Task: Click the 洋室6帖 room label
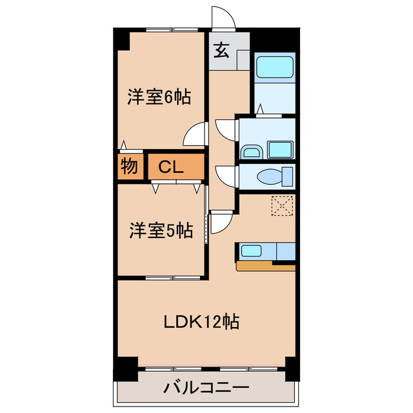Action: click(x=158, y=97)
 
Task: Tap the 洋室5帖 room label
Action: click(x=161, y=230)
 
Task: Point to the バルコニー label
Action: click(x=206, y=389)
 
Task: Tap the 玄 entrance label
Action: click(x=221, y=50)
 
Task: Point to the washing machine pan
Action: click(x=281, y=150)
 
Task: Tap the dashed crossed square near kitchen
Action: click(x=282, y=206)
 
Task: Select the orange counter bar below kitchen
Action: click(x=265, y=265)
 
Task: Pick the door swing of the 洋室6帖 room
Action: click(x=194, y=136)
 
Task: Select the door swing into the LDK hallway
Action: click(x=221, y=223)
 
